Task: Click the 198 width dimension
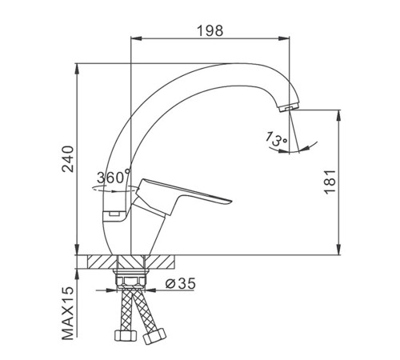click(210, 30)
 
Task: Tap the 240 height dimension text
click(67, 159)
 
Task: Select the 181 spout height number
click(330, 182)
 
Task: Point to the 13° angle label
click(276, 138)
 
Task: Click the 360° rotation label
click(114, 177)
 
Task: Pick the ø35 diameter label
click(180, 283)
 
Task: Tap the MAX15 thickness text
click(67, 313)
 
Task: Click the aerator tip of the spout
click(289, 108)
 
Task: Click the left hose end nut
click(126, 335)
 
